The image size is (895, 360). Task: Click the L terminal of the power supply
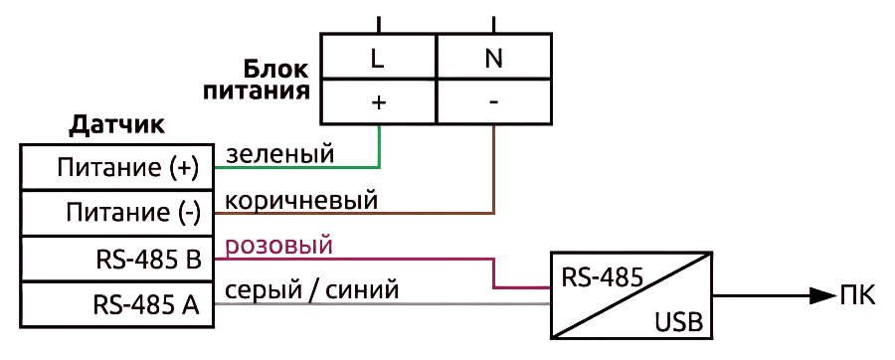click(379, 56)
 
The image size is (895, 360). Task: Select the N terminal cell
click(494, 56)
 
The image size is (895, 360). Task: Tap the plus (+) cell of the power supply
click(379, 101)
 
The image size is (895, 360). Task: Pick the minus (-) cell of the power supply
click(494, 101)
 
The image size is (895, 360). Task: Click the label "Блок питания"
click(257, 80)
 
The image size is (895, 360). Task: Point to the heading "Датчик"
click(116, 125)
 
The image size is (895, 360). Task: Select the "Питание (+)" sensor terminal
click(117, 168)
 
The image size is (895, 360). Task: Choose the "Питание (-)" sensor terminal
click(117, 214)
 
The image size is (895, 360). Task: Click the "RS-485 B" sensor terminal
click(117, 260)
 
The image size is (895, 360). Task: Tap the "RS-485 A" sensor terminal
click(117, 305)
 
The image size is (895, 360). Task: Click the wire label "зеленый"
click(279, 154)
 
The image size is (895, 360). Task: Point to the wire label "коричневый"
click(302, 200)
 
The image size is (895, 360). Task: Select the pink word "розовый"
click(279, 247)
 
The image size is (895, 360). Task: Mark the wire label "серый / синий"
click(311, 291)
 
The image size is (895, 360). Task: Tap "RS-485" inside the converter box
click(603, 277)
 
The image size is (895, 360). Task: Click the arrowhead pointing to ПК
click(823, 295)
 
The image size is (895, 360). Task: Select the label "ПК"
click(858, 296)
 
